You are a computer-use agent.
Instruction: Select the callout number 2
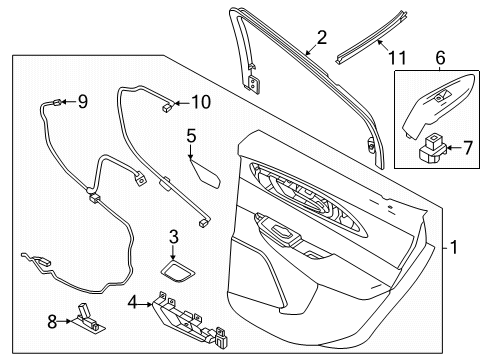pos(321,39)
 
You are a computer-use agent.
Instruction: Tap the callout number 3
pos(173,237)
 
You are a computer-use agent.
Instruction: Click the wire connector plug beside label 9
pos(63,99)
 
